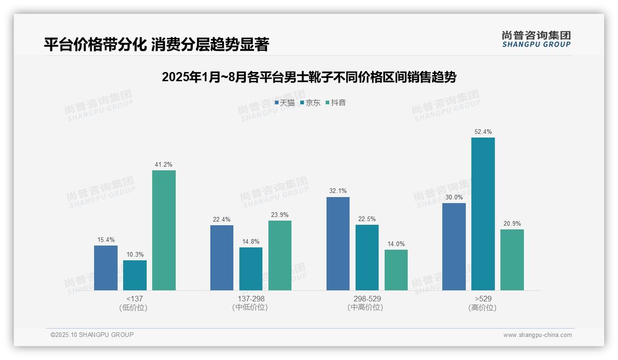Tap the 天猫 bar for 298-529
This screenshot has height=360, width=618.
[338, 244]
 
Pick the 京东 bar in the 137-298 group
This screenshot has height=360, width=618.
[251, 269]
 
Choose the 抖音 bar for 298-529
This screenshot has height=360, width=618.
[396, 270]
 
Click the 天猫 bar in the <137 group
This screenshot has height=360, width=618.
[106, 268]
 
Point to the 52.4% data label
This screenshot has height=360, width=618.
[483, 132]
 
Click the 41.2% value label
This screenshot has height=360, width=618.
[164, 165]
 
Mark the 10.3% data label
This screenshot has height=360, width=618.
[135, 255]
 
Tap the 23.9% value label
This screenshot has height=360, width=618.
[280, 215]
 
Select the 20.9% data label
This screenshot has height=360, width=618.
[512, 224]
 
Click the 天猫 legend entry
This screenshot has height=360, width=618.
[285, 103]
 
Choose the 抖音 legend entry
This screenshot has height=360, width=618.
[336, 103]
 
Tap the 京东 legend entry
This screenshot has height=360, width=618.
[310, 103]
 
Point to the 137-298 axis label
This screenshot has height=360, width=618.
[251, 299]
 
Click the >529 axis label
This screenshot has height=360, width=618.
[482, 299]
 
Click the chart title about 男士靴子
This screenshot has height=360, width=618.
[309, 77]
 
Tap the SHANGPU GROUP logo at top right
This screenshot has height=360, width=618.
[536, 39]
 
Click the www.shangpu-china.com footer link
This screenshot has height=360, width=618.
[537, 335]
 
